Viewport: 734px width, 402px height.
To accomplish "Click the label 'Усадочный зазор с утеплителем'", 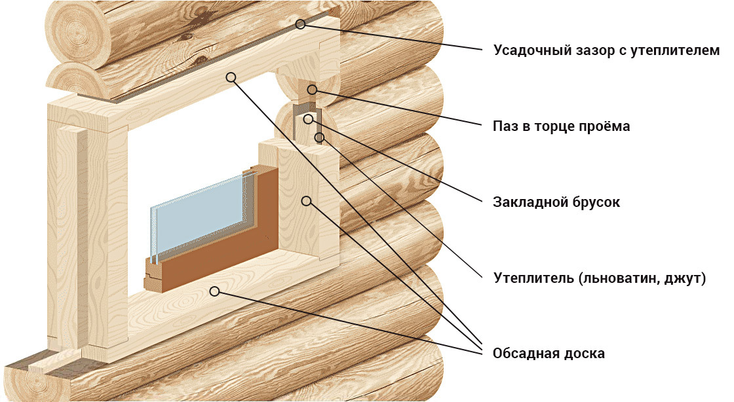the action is coord(606,50).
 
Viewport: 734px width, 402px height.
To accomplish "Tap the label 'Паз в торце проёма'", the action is coord(561,126).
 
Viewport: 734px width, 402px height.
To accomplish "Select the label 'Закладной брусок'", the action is coord(556,202).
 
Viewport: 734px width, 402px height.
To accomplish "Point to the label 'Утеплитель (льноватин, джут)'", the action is coord(600,278).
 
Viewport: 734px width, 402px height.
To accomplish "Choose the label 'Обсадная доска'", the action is coord(549,354).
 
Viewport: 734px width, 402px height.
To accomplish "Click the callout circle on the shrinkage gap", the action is coord(301,24).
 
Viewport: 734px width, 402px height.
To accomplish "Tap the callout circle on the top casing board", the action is coord(230,77).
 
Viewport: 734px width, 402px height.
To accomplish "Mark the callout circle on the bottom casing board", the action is coord(214,291).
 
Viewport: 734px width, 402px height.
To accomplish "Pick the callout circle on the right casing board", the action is coord(306,201).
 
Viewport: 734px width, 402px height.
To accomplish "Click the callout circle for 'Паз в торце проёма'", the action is coord(312,90).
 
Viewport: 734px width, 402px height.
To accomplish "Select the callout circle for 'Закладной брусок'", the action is coord(308,119).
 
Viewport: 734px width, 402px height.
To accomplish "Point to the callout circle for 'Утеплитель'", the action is coord(319,137).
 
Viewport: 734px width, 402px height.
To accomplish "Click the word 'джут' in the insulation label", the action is coord(685,279).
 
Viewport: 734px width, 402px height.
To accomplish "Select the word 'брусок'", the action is coord(596,202).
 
